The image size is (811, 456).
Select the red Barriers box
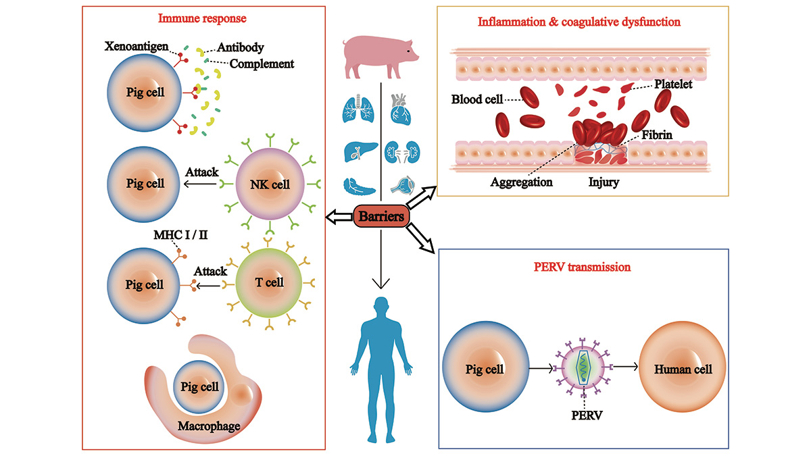(381, 218)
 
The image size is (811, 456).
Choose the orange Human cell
(683, 370)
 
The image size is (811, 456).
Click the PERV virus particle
(581, 369)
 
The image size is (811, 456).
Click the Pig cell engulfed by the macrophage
(200, 386)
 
